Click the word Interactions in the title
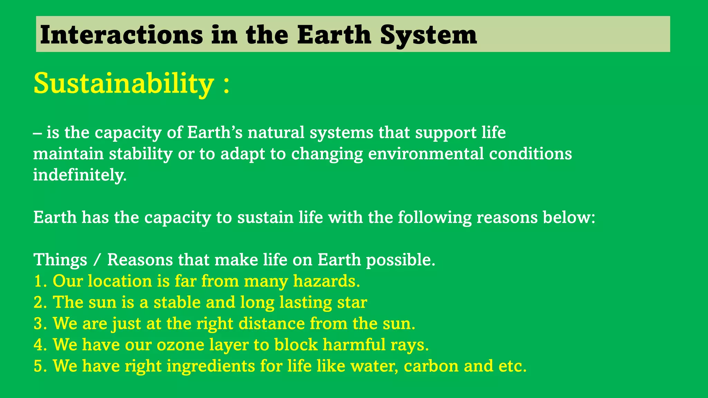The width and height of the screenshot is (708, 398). coord(121,35)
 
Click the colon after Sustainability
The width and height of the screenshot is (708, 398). coord(226,85)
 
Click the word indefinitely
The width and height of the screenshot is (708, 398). coord(80,175)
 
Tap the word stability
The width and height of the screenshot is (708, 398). coord(141,154)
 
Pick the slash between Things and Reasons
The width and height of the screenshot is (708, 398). coord(97,260)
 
